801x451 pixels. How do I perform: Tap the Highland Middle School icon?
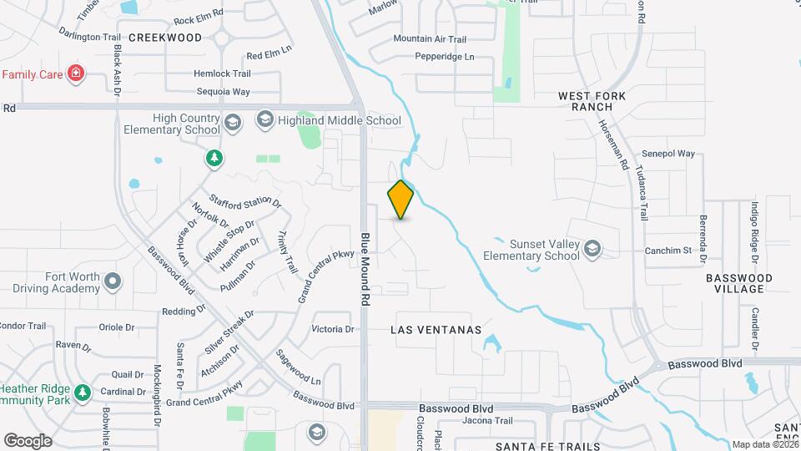click(x=265, y=120)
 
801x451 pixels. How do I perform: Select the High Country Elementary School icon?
click(x=232, y=124)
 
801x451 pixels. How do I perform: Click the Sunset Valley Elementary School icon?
click(x=592, y=249)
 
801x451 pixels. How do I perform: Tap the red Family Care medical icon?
click(x=77, y=74)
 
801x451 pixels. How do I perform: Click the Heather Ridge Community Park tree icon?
click(x=82, y=392)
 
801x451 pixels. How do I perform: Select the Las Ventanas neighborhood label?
click(x=436, y=330)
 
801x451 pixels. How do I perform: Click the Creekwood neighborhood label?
click(x=165, y=38)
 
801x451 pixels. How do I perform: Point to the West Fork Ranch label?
click(x=592, y=102)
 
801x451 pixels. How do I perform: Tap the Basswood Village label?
click(x=734, y=283)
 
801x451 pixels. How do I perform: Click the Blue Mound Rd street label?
click(x=365, y=267)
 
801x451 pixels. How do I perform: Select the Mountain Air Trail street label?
click(x=429, y=38)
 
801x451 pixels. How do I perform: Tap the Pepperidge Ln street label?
click(x=445, y=57)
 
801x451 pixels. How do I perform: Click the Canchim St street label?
click(x=668, y=251)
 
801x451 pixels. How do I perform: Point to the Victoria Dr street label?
click(x=332, y=329)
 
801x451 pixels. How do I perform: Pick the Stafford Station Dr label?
click(x=246, y=200)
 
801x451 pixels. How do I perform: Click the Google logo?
click(x=28, y=440)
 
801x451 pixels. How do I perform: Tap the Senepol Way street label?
click(x=668, y=154)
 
